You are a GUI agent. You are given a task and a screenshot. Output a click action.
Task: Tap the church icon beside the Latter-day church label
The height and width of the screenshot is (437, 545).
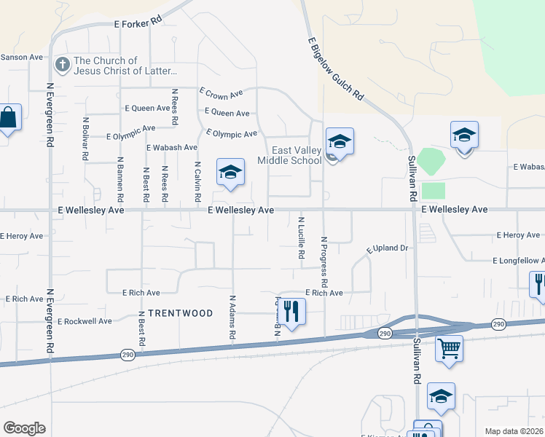[x=62, y=66]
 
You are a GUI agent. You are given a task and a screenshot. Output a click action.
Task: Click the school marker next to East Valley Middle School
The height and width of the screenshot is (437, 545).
[x=340, y=141]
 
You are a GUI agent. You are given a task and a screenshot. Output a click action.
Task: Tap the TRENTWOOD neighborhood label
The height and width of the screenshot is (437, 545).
[x=180, y=313]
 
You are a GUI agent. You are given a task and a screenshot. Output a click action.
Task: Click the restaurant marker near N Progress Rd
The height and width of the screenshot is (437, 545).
[x=291, y=312]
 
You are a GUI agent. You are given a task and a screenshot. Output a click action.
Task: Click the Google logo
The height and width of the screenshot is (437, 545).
[x=25, y=428]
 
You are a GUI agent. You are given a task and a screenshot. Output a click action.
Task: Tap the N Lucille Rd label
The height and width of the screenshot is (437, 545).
[x=300, y=238]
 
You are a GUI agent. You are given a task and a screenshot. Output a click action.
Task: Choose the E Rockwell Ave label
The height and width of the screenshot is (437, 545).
[x=85, y=321]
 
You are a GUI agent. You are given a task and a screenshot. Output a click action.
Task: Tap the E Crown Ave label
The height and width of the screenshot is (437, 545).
[x=221, y=93]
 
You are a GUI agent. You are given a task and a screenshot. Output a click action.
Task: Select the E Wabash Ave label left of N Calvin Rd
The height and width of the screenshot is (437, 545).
[x=172, y=147]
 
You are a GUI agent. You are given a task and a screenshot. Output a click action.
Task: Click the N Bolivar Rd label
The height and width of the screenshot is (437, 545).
[x=85, y=139]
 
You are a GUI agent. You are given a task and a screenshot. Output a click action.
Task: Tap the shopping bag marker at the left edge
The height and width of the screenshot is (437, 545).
[x=9, y=117]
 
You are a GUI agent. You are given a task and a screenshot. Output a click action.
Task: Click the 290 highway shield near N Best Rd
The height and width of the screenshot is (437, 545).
[x=127, y=355]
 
